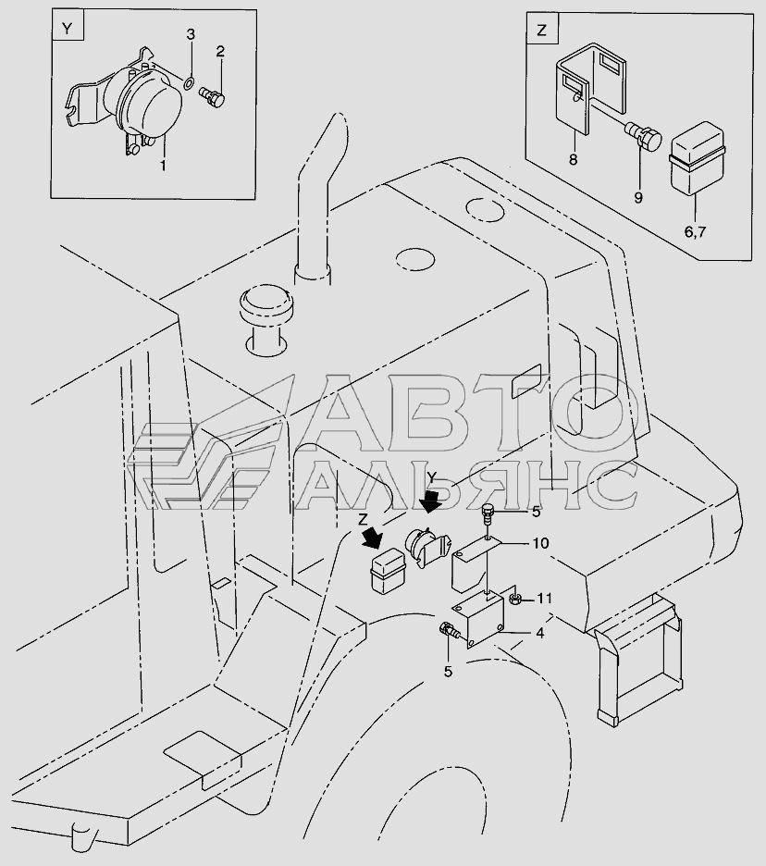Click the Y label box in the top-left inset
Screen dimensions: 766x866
(68, 25)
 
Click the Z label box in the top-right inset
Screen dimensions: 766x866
(542, 30)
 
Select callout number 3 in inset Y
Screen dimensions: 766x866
(191, 35)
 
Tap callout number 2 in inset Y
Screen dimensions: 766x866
(220, 52)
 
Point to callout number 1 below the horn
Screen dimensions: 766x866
(163, 165)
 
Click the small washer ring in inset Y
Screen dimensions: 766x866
(188, 84)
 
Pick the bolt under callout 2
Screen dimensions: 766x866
(212, 96)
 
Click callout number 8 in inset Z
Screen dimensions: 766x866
(574, 160)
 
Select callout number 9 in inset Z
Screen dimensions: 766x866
(638, 198)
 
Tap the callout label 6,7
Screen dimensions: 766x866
(695, 232)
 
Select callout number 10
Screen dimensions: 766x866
(539, 543)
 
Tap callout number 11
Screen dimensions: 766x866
(545, 598)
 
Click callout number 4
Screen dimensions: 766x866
(539, 634)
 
